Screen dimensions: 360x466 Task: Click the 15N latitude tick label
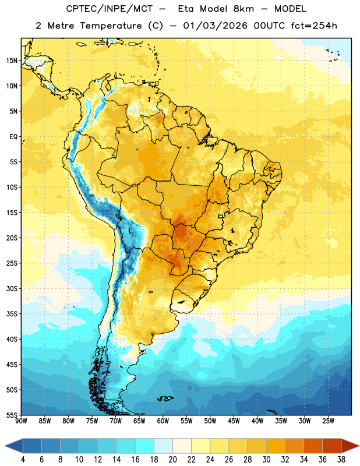[x=12, y=61]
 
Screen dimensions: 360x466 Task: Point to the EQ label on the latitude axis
[x=13, y=137]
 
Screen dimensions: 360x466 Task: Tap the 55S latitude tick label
[x=12, y=415]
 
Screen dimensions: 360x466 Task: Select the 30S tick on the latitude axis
[x=12, y=288]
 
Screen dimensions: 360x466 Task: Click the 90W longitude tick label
[x=22, y=421]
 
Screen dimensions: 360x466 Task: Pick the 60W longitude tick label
[x=163, y=421]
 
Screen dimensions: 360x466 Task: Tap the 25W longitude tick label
[x=328, y=421]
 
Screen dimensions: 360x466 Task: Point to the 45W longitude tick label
[x=234, y=421]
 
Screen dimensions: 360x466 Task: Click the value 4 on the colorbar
[x=23, y=460]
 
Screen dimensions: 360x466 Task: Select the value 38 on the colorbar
[x=341, y=460]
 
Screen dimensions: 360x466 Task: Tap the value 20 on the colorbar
[x=172, y=460]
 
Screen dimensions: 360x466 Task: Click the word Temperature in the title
[x=111, y=26]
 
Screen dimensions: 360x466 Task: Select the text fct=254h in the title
[x=314, y=26]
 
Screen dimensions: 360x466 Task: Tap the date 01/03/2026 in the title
[x=215, y=26]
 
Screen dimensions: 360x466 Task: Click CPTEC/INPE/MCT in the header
[x=109, y=9]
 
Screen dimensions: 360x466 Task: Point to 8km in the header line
[x=243, y=9]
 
